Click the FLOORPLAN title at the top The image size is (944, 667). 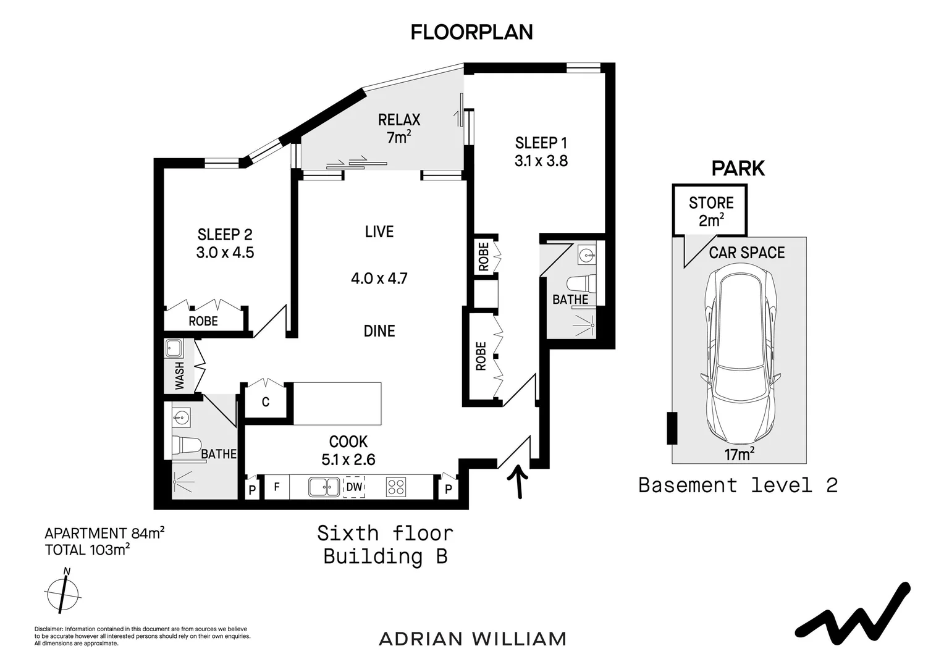pos(471,32)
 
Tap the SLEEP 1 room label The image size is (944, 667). pos(541,143)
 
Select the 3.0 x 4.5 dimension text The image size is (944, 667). pos(225,253)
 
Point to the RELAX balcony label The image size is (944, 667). pos(399,120)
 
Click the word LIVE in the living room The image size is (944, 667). pos(379,232)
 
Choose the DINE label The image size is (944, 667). pos(379,331)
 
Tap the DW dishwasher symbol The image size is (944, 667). pos(354,487)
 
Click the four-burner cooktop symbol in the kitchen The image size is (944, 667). pos(395,487)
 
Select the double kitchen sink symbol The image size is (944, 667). pos(324,487)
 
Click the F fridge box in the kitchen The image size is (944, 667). pos(277,487)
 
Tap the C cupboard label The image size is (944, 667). pos(265,402)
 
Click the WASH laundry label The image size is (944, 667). pos(180,375)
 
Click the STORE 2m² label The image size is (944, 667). pos(711,211)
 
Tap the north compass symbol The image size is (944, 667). pos(63,594)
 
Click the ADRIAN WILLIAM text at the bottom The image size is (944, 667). pos(472,639)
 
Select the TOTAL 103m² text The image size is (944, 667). pos(87,550)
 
